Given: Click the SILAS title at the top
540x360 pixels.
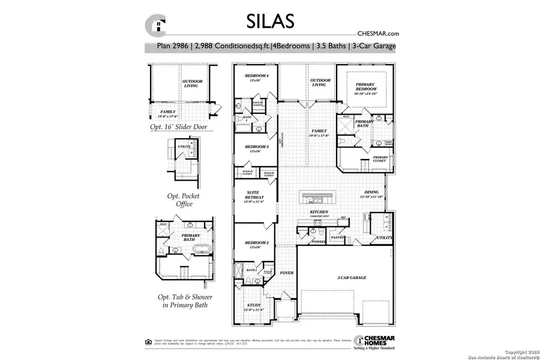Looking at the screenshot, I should click(270, 21).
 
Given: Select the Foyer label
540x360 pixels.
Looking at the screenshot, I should click(287, 273).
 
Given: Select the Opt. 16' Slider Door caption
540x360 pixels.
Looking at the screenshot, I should click(183, 128).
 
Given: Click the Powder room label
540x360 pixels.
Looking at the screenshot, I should click(318, 242).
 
